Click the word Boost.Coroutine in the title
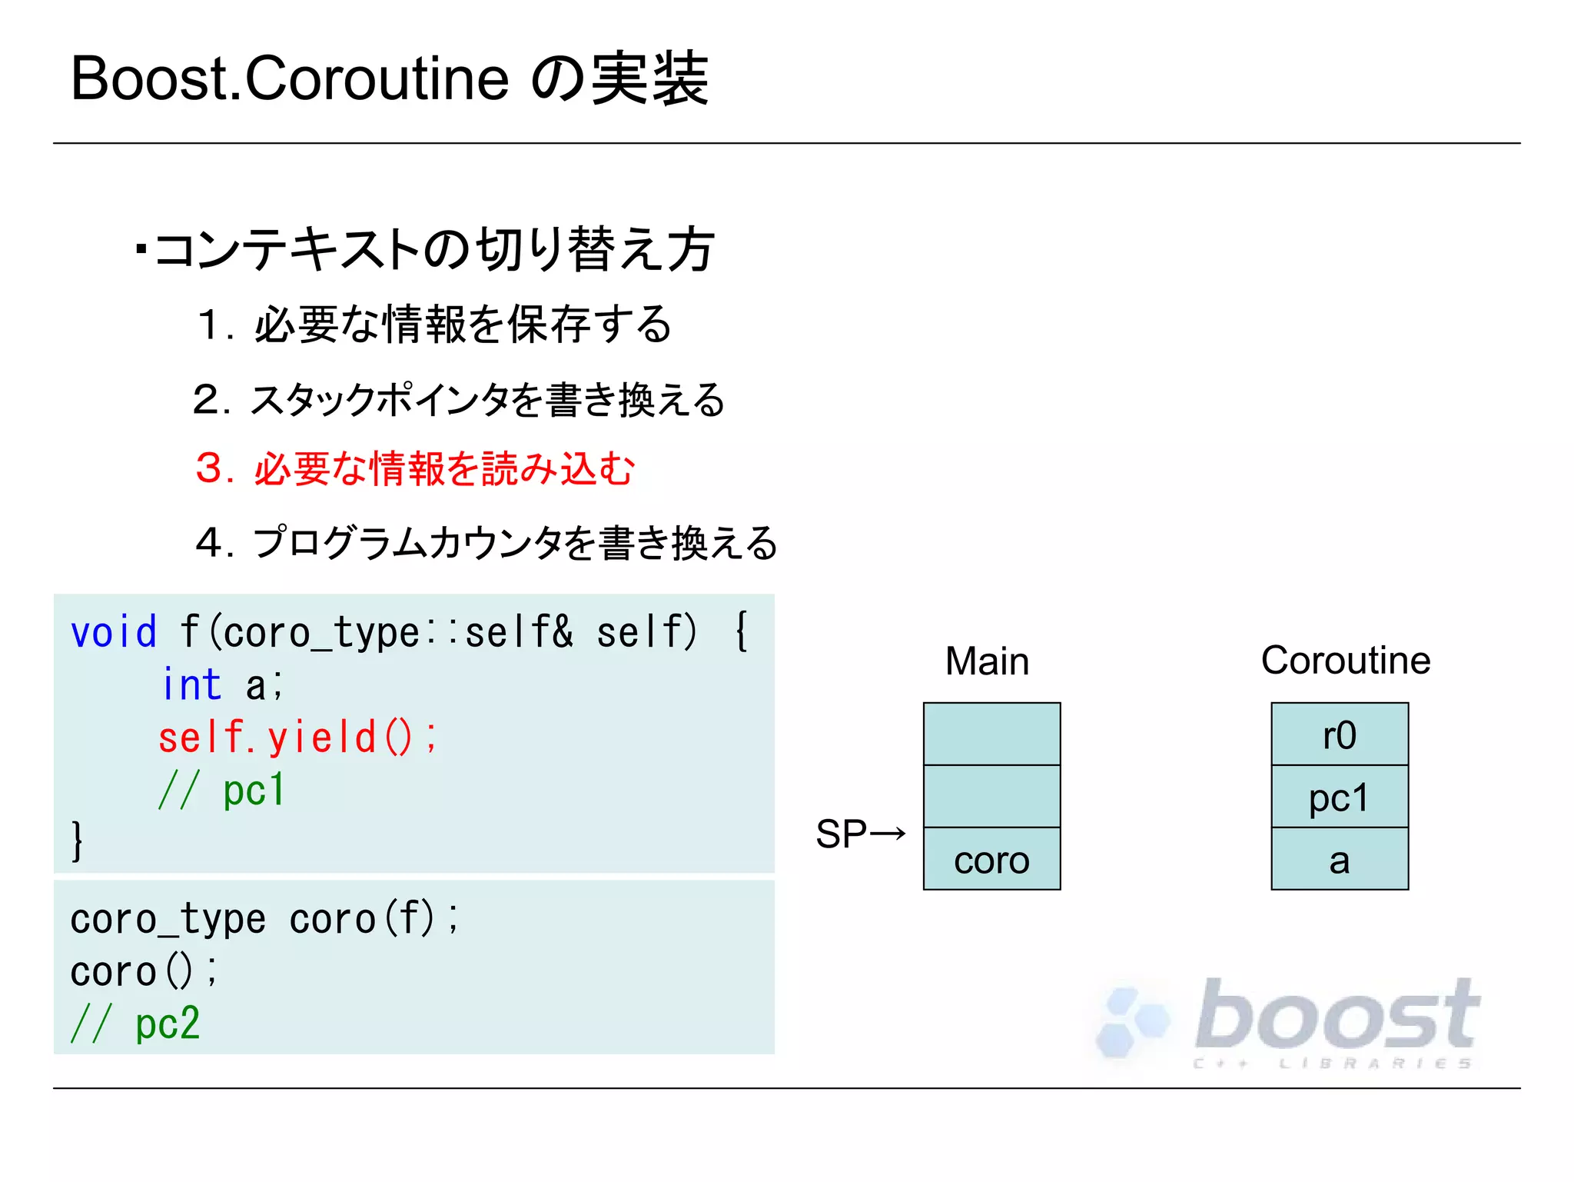(x=290, y=79)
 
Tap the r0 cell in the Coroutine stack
(x=1340, y=734)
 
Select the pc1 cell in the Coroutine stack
(x=1340, y=797)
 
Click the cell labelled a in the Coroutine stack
(x=1340, y=860)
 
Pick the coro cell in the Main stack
(x=991, y=860)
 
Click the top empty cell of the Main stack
(x=991, y=734)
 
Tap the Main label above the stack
(x=987, y=661)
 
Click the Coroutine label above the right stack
(x=1346, y=661)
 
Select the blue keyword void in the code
(x=114, y=632)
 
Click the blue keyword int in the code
(x=191, y=684)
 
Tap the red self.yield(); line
(x=297, y=737)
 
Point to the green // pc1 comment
(x=222, y=790)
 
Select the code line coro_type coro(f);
(x=264, y=919)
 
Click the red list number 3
(x=209, y=468)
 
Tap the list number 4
(x=209, y=542)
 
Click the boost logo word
(x=1337, y=1015)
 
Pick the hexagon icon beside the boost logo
(x=1132, y=1021)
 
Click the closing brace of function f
(x=77, y=841)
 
